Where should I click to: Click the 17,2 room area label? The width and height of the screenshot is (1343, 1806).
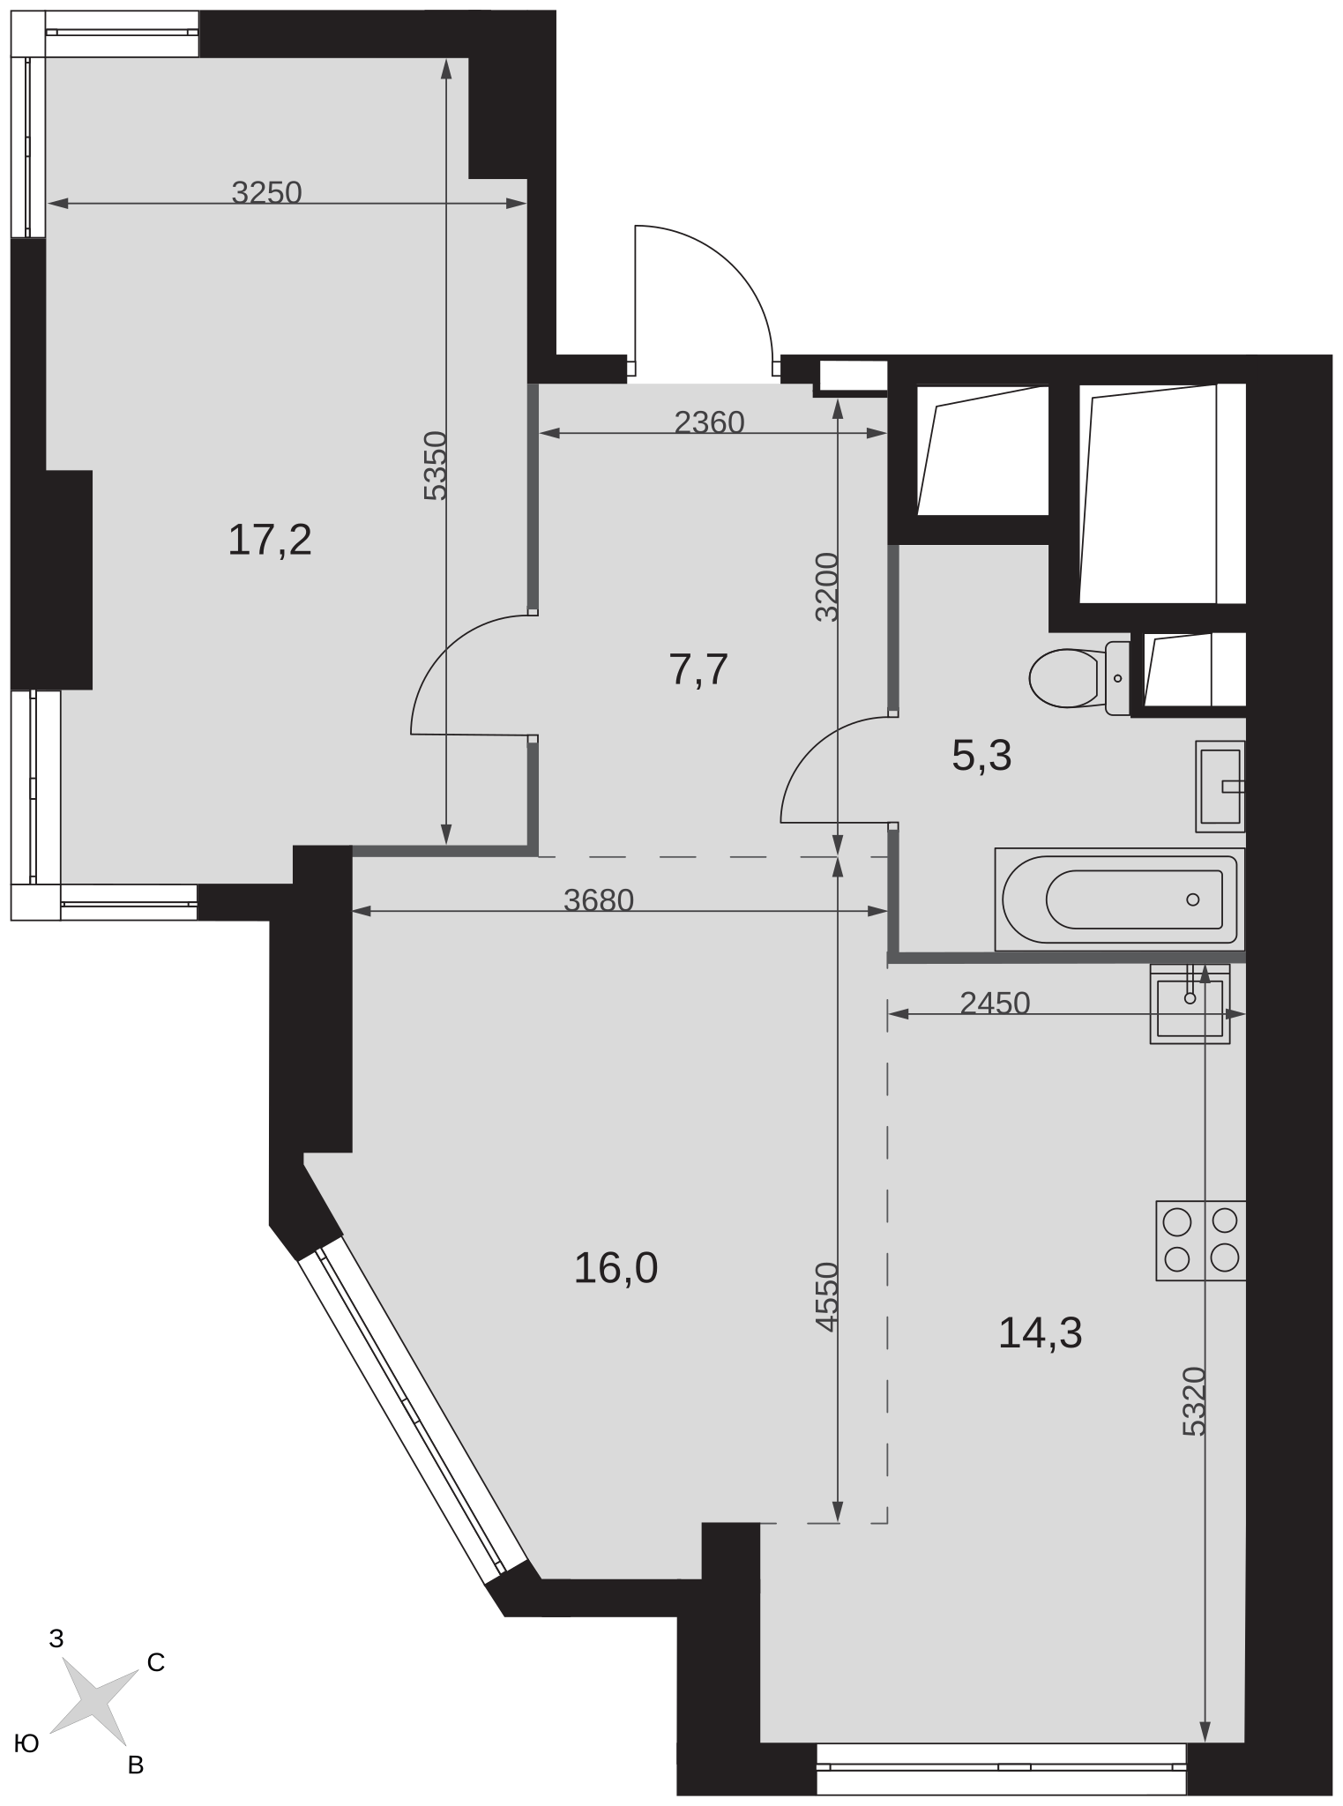270,540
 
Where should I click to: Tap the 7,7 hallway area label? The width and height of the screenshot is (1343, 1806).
698,670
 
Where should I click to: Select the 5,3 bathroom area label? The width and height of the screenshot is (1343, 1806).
981,756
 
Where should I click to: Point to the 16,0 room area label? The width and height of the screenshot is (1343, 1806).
616,1268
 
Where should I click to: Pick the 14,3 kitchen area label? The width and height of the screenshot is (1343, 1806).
1040,1332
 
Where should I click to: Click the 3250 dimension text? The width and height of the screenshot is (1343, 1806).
266,192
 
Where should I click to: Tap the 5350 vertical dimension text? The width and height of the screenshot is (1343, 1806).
436,466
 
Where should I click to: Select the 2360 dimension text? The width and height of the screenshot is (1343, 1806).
709,423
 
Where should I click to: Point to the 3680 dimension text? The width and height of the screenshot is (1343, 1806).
599,900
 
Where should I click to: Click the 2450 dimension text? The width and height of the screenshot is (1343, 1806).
995,1004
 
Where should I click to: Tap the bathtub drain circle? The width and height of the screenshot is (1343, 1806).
1193,899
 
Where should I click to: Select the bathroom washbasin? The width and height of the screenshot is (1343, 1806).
1220,786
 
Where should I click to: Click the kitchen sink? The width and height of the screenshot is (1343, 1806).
1190,1004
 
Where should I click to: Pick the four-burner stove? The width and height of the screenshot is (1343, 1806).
1201,1240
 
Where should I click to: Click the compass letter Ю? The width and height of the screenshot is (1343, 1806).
28,1743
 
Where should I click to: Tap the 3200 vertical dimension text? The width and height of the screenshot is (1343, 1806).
826,587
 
